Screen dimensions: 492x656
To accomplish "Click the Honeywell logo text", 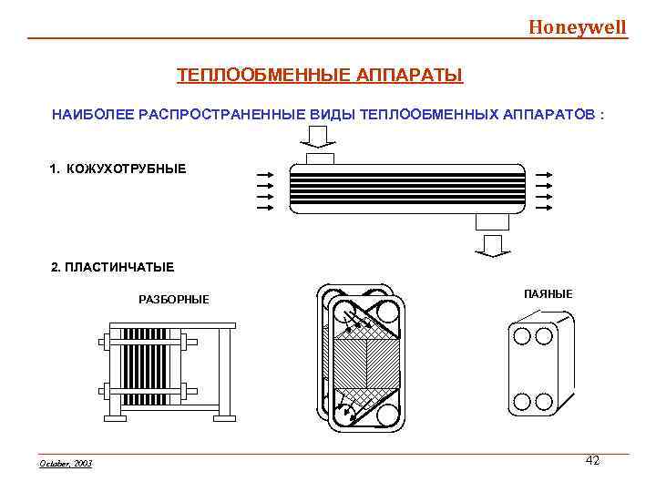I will [x=578, y=26].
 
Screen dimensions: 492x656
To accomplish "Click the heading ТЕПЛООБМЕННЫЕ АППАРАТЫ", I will [x=320, y=74].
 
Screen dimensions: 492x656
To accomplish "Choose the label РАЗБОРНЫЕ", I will [x=173, y=299].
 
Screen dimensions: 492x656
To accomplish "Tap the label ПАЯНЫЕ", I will [x=548, y=293].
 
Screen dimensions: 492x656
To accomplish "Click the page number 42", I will [x=592, y=461].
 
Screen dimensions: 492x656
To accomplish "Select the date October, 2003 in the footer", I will [x=67, y=464].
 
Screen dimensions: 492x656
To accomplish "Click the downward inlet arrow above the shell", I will [x=317, y=137].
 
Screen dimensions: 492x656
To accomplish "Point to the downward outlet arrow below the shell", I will [x=493, y=244].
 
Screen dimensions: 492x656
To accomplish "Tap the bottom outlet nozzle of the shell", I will [x=492, y=221].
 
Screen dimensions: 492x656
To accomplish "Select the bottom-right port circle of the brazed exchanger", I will [x=544, y=401].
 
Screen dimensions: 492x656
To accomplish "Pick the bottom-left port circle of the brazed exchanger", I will [x=523, y=401].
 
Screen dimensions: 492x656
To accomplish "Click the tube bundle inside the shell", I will [x=407, y=190].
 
